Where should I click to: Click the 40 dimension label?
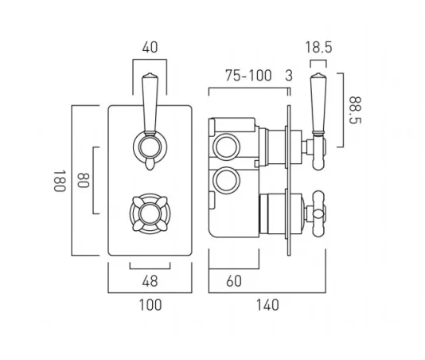pos(150,48)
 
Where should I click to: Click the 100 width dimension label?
pos(150,303)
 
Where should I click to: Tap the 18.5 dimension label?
pos(318,48)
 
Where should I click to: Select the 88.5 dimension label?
pos(353,109)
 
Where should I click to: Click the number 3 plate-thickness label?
pos(288,76)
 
